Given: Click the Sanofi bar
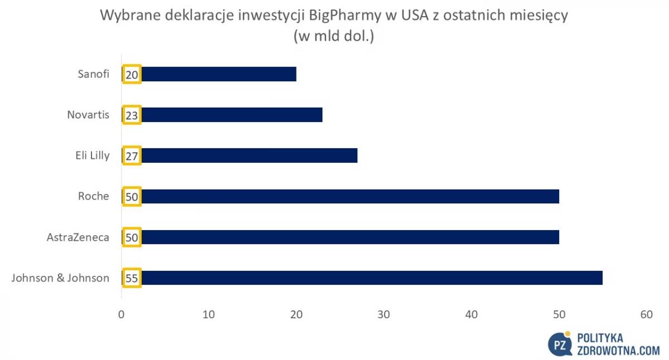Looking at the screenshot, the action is pos(209,74).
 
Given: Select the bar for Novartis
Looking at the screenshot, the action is pos(222,115).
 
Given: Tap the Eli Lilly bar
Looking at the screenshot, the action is pos(240,155).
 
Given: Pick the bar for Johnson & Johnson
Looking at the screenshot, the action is pos(362,278).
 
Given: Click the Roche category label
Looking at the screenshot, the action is pos(94,196).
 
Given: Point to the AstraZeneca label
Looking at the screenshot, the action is pos(78,237).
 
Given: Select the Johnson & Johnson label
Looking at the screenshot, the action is pos(60,278).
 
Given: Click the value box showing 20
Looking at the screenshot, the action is pos(132,74).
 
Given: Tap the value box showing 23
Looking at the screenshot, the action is pos(132,115).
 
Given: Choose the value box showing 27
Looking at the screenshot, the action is pos(132,155).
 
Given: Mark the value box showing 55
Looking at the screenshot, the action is pos(132,278).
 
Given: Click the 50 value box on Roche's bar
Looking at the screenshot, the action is pos(132,196).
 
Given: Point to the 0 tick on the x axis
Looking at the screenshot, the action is pos(122,314).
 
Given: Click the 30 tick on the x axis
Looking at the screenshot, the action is pos(384,314).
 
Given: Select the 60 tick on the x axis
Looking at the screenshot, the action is pos(647,314).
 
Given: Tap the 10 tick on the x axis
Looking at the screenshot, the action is pos(209,314).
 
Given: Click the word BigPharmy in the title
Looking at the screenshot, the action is pos(345,16).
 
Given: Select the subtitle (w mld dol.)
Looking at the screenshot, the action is pos(334,36).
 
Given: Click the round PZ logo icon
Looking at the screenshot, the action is pos(560,344).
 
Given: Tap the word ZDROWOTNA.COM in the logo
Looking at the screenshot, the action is pos(618,351).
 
